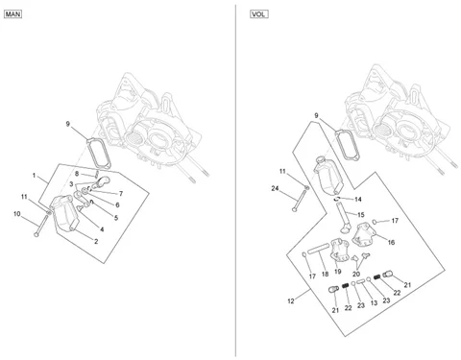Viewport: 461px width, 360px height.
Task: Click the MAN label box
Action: [x=12, y=14]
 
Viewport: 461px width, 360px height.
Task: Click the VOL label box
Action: [x=258, y=14]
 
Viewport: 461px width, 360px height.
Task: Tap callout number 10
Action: [x=17, y=213]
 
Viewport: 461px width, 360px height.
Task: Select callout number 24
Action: [x=275, y=188]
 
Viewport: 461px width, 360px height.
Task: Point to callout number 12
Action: [x=291, y=300]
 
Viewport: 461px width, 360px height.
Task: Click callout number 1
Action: [x=34, y=175]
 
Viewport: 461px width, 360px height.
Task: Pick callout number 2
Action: [x=96, y=241]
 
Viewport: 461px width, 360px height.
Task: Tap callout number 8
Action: [x=77, y=174]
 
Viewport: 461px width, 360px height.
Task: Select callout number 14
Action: [x=358, y=200]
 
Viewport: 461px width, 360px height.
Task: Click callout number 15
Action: [x=361, y=215]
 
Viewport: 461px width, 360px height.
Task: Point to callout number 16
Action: [x=391, y=242]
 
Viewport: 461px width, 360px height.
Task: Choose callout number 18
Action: [x=325, y=274]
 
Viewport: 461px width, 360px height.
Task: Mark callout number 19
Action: [x=337, y=272]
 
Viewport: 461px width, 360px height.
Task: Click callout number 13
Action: [x=374, y=302]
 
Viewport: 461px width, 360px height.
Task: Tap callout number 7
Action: [x=121, y=194]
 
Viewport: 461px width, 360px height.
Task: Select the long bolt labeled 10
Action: [x=41, y=226]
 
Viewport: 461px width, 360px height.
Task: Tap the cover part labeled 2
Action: [x=65, y=214]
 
